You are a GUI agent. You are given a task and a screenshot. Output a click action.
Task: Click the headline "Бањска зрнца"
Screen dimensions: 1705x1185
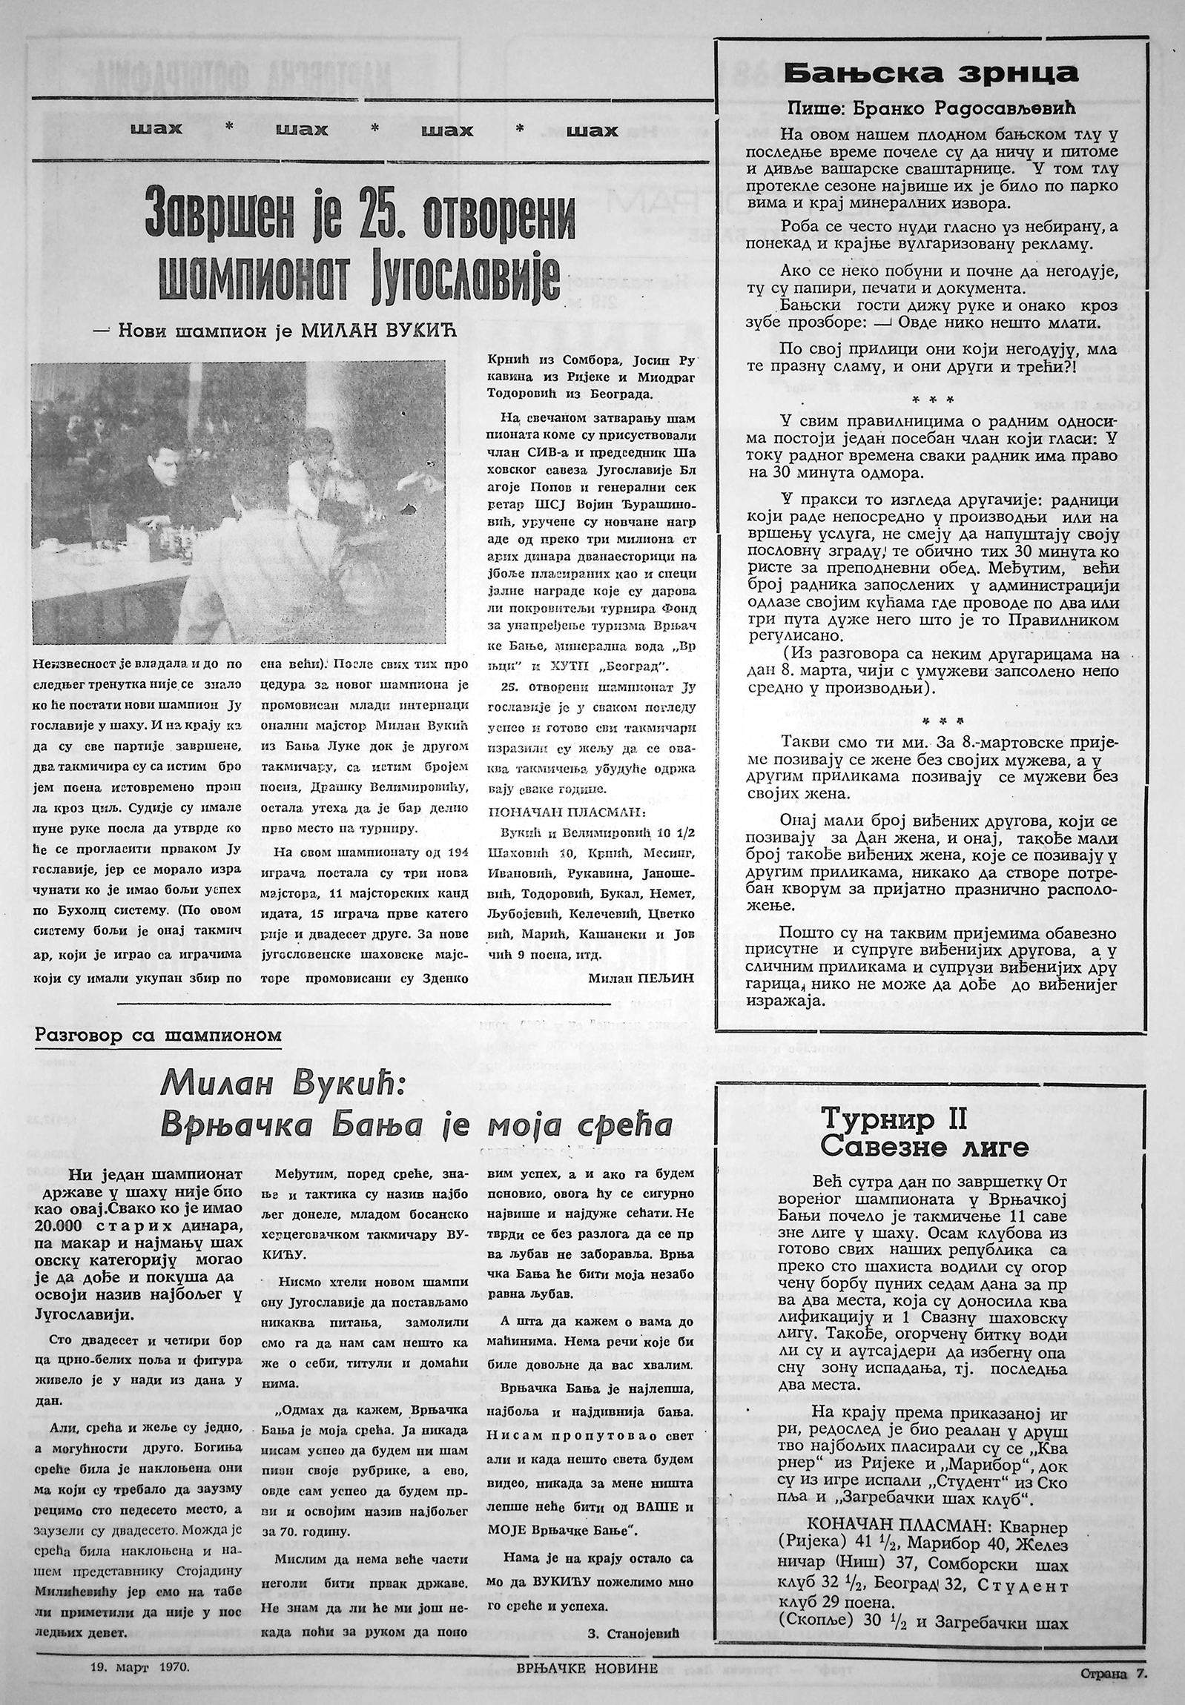pyautogui.click(x=931, y=73)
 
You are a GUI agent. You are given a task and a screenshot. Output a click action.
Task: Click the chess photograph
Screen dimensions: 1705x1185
pyautogui.click(x=238, y=502)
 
